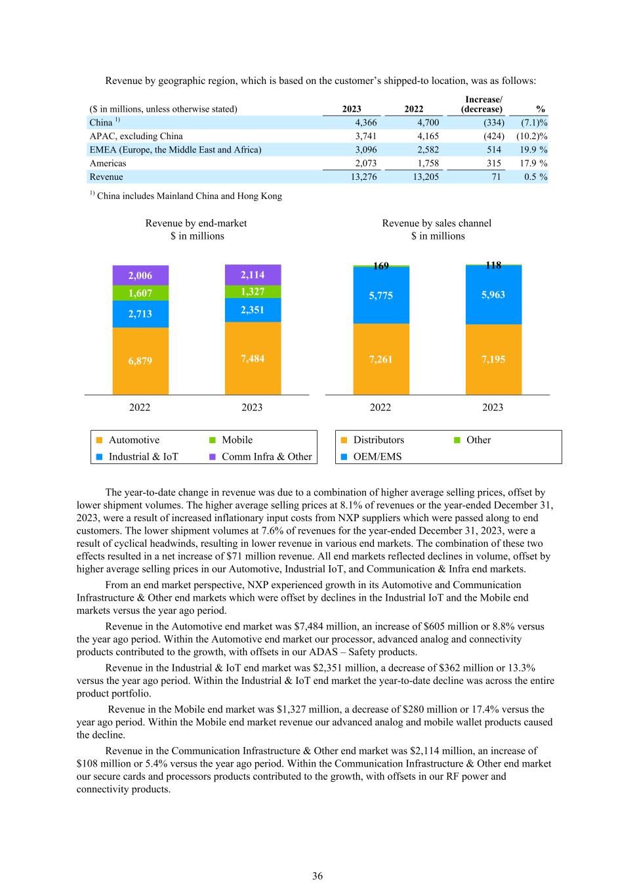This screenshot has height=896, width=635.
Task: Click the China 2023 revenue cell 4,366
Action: coord(365,123)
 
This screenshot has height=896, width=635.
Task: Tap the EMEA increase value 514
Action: coord(493,150)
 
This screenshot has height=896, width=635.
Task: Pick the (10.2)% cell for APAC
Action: coord(534,136)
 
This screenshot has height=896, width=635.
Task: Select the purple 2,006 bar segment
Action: coord(140,276)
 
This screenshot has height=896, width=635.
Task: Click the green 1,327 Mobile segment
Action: coord(253,291)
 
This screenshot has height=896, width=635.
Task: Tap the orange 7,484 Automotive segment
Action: coord(253,358)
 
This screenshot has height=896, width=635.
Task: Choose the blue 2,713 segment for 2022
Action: coord(140,314)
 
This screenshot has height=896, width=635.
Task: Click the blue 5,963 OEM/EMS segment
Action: coord(493,295)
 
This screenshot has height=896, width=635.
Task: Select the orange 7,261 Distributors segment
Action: coord(381,359)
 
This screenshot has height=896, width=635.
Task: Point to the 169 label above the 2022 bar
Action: coord(381,266)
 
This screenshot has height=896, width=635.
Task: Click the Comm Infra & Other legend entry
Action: coord(266,457)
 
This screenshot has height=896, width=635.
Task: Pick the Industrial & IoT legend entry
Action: coord(143,457)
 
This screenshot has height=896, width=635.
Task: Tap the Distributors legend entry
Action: coord(379,440)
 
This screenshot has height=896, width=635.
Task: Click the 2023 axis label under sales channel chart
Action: coord(493,408)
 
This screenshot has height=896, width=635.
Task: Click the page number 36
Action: coord(317,876)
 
